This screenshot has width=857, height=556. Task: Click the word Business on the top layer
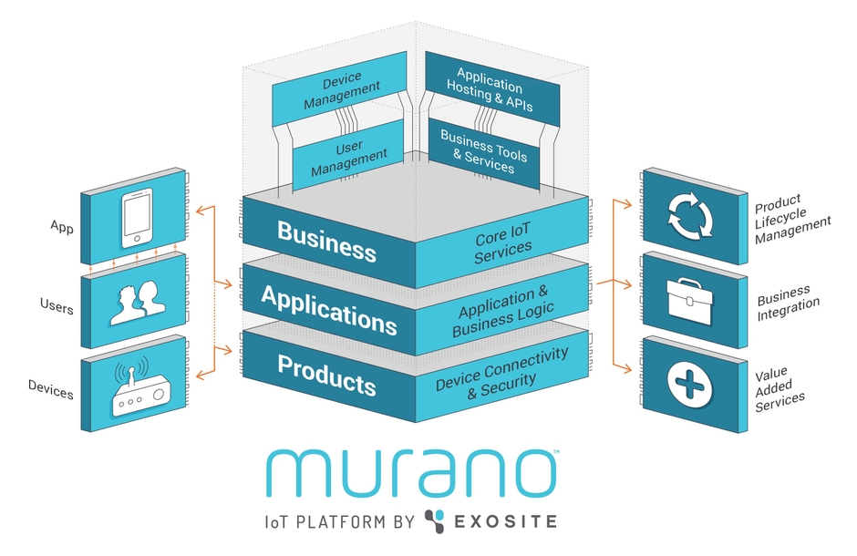click(x=326, y=240)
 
